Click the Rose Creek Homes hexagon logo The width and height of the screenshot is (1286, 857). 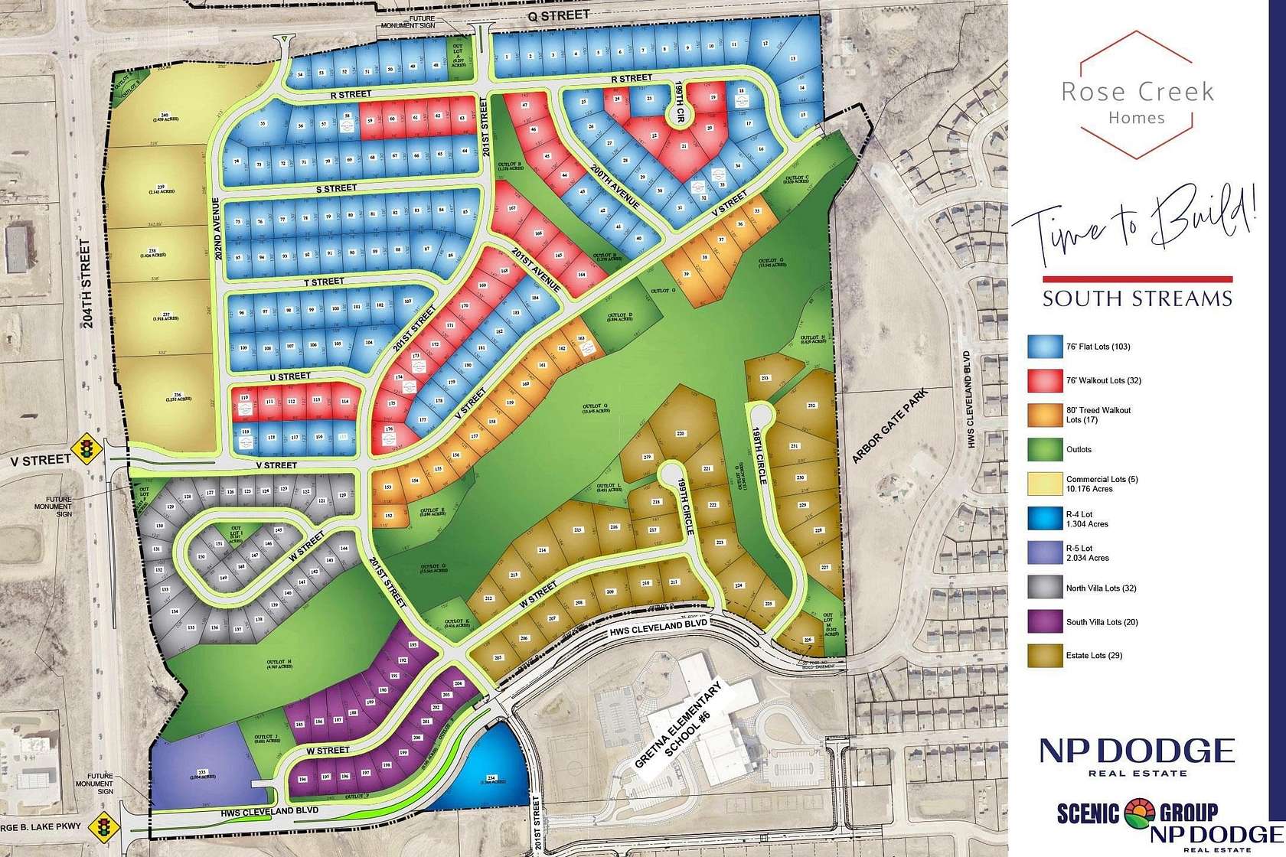click(x=1137, y=95)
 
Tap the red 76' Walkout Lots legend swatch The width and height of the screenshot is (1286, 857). click(x=1043, y=380)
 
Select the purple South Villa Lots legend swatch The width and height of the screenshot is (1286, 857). click(x=1043, y=622)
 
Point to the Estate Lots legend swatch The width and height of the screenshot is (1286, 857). click(x=1043, y=656)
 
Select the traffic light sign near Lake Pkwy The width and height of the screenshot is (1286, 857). click(x=101, y=827)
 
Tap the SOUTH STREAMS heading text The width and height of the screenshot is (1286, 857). click(x=1137, y=298)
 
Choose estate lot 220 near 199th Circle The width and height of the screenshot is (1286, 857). click(x=680, y=434)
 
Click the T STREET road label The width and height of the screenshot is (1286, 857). click(x=324, y=282)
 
